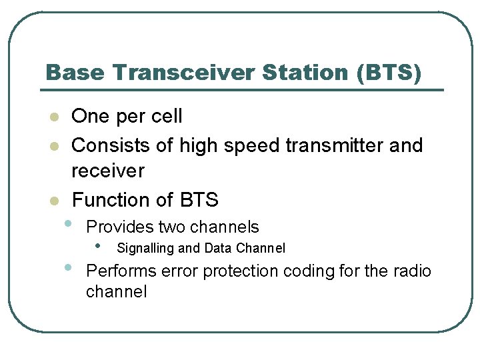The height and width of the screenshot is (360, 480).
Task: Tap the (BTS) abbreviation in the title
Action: coord(389,73)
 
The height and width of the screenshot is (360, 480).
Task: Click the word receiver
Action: coord(107,171)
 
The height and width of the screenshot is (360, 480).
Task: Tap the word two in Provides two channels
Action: coord(172,227)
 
